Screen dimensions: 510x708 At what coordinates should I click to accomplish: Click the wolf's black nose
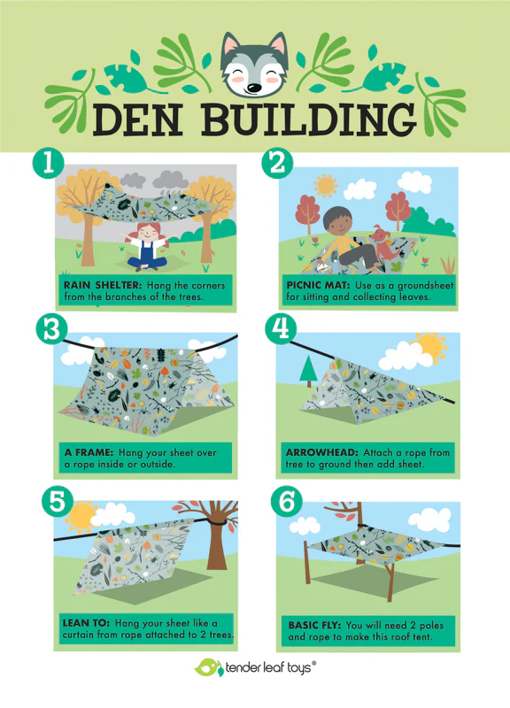pyautogui.click(x=254, y=87)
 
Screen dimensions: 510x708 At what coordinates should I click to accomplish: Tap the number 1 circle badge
pyautogui.click(x=48, y=164)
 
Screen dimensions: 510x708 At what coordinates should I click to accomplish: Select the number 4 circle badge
pyautogui.click(x=281, y=328)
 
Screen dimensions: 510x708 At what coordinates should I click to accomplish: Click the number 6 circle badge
pyautogui.click(x=287, y=502)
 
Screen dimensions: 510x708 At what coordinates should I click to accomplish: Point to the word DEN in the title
pyautogui.click(x=138, y=120)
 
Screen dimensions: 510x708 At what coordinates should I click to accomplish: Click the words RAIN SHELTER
pyautogui.click(x=103, y=285)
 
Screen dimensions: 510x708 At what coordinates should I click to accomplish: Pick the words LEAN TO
pyautogui.click(x=86, y=623)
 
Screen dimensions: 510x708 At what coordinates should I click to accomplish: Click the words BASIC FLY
pyautogui.click(x=314, y=626)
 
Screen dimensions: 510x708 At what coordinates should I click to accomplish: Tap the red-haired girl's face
pyautogui.click(x=148, y=233)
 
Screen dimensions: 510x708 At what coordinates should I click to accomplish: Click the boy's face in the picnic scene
pyautogui.click(x=338, y=222)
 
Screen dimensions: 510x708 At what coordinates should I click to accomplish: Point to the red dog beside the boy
pyautogui.click(x=385, y=246)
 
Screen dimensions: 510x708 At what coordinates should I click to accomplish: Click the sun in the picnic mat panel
pyautogui.click(x=325, y=185)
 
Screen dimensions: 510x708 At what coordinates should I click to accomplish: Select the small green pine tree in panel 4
pyautogui.click(x=308, y=370)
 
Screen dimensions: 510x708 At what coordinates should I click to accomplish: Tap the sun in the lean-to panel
pyautogui.click(x=81, y=516)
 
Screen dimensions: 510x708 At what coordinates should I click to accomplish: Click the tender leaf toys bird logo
pyautogui.click(x=209, y=667)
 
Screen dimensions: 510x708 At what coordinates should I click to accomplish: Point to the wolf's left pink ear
pyautogui.click(x=231, y=45)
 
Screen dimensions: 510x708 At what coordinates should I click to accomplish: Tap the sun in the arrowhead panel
pyautogui.click(x=431, y=347)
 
